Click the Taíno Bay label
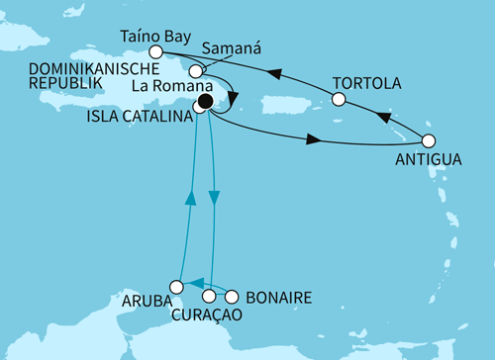pos(157,33)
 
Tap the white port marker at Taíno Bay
pos(154,51)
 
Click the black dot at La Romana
pos(206,100)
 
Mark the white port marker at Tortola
pos(339,99)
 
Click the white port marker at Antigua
pos(429,140)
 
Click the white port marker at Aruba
pos(175,285)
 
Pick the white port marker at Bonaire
pos(233,296)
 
